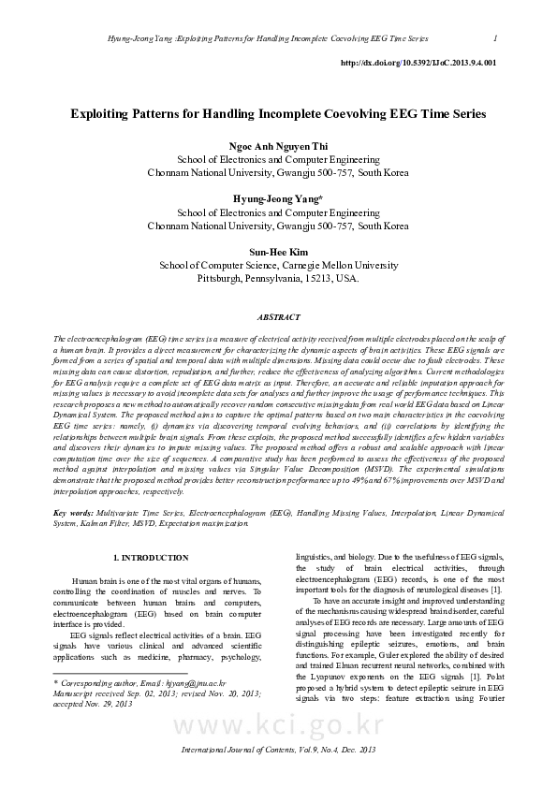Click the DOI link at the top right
pos(418,63)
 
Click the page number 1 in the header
pos(493,38)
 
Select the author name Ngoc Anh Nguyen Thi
pos(278,147)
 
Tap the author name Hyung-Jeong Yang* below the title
pos(278,199)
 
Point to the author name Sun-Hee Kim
pos(278,252)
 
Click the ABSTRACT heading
pos(278,317)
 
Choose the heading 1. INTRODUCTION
pos(150,558)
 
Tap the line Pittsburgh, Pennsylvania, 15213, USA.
pos(278,278)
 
